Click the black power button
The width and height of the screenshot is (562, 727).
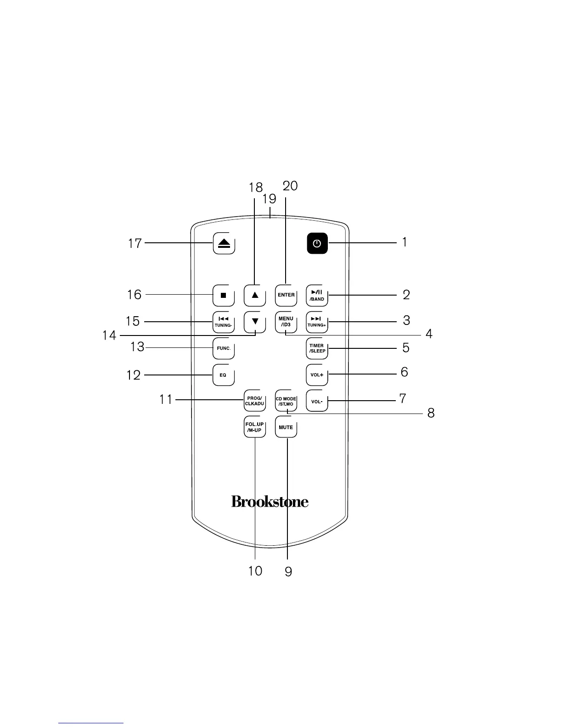point(317,244)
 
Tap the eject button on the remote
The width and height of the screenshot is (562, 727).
point(224,244)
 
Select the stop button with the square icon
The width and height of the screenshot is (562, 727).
point(224,295)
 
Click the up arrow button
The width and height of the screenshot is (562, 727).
point(255,295)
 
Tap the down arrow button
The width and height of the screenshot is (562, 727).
point(255,321)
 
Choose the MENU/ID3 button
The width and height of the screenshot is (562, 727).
point(286,321)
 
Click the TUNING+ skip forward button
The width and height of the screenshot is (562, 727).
point(317,321)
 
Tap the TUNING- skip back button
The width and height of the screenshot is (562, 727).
point(224,321)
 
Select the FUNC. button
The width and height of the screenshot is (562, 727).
point(224,348)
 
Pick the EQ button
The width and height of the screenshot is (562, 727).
point(224,375)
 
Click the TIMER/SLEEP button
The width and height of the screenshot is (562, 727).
point(317,348)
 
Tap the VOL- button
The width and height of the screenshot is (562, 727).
point(317,402)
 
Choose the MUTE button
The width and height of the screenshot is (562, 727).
point(286,427)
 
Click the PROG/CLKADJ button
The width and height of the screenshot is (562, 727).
point(255,401)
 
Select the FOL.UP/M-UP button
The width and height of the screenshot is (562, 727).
point(255,427)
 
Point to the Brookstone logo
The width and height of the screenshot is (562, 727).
point(270,501)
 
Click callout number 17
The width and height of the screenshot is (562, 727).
point(135,243)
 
